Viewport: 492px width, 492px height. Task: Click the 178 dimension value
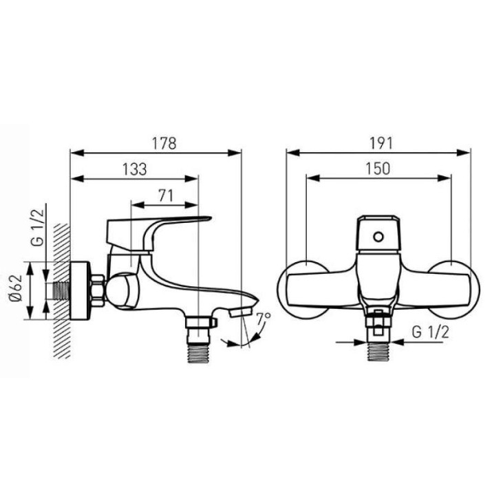(x=164, y=143)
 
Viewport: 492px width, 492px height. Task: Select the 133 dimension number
(x=134, y=169)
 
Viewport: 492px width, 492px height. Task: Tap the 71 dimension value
(x=166, y=196)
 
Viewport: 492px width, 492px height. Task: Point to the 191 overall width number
(x=381, y=143)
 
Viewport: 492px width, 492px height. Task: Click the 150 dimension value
(x=378, y=169)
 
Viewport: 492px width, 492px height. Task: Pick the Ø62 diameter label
(x=16, y=288)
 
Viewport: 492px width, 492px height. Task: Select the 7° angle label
(x=263, y=319)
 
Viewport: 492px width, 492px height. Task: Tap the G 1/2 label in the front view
(x=430, y=332)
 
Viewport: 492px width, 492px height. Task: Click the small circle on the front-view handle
(x=378, y=237)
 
